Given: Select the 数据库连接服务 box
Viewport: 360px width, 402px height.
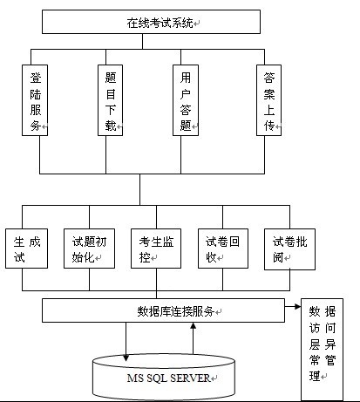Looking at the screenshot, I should pyautogui.click(x=164, y=310).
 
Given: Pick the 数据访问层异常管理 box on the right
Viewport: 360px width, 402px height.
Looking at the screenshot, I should pyautogui.click(x=322, y=349).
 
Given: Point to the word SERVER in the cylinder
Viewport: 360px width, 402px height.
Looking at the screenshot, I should pyautogui.click(x=185, y=378).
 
